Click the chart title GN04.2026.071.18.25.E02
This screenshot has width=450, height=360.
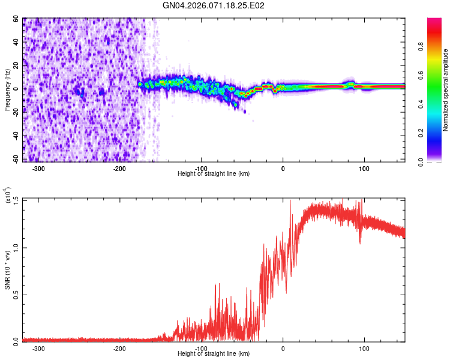pyautogui.click(x=214, y=5)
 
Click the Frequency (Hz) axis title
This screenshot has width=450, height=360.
pyautogui.click(x=8, y=89)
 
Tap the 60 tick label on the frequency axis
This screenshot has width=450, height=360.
pyautogui.click(x=16, y=19)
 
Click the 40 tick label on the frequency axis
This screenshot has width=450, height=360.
pyautogui.click(x=16, y=43)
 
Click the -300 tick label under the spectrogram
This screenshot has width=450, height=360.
pyautogui.click(x=39, y=168)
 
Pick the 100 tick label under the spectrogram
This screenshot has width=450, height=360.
pyautogui.click(x=364, y=168)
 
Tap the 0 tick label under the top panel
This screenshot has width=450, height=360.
pyautogui.click(x=283, y=168)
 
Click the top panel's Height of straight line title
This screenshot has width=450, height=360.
pyautogui.click(x=214, y=174)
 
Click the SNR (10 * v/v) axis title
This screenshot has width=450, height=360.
pyautogui.click(x=8, y=270)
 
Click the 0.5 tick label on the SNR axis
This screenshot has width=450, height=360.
pyautogui.click(x=14, y=294)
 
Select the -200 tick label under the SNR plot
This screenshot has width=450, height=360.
pyautogui.click(x=120, y=348)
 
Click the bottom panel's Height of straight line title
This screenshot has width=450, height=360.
pyautogui.click(x=214, y=354)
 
